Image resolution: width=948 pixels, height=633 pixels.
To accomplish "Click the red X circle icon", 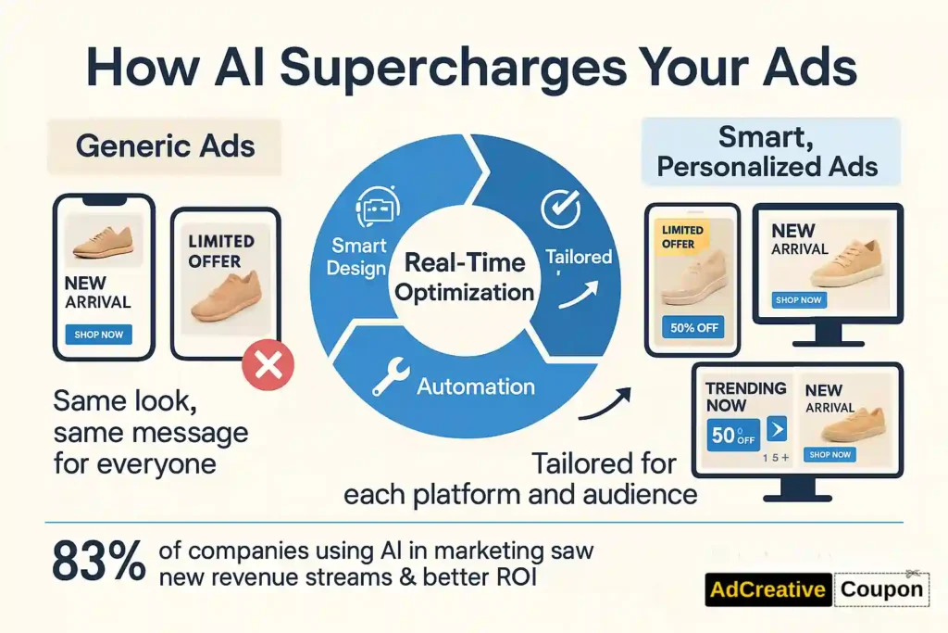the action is coord(268,365).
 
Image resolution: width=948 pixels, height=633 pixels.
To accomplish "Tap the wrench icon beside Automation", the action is coord(390,376).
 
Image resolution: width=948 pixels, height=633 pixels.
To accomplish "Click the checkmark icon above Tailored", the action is coord(560,209).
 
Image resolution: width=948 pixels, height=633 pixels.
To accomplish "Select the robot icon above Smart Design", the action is coord(377,207).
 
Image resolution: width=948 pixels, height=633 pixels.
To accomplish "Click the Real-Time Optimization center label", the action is coord(465,277).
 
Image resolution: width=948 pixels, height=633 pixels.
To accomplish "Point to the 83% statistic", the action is coord(99,562).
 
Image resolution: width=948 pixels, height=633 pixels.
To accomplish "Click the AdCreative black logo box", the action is coord(767,589).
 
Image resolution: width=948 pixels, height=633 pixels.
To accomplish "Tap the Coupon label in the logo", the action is coord(881,589).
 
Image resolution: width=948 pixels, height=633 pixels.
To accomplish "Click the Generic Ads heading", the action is coord(165,146).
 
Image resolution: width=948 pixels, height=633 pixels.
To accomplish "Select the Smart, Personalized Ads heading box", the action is coord(771,151).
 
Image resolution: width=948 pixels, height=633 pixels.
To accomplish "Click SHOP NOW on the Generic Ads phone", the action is coord(98,335).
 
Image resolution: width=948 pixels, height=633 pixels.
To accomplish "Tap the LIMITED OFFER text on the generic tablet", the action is coord(221,250).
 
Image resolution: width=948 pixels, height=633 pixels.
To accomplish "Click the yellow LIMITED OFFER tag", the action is coord(682,236).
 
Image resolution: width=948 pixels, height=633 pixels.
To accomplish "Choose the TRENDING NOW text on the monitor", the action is coord(746,397).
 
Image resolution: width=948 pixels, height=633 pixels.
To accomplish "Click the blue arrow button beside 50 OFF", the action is coord(777,429).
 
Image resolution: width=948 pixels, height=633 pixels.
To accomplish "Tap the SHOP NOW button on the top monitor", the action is coord(799,300).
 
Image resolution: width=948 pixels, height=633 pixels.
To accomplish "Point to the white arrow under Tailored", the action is coord(579,295).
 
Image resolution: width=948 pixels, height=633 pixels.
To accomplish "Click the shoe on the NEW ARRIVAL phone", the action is coord(103,242).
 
